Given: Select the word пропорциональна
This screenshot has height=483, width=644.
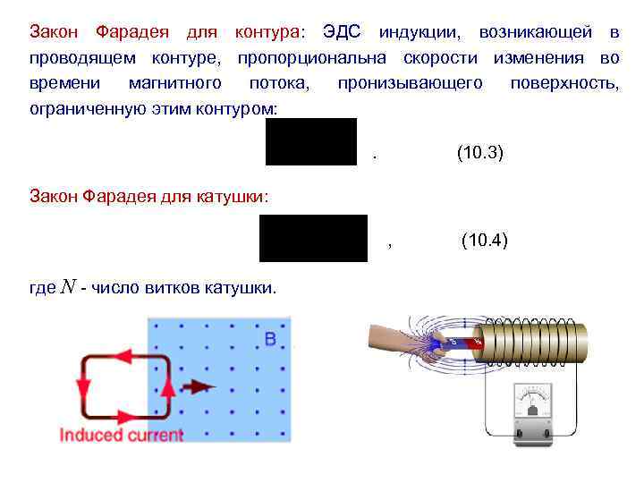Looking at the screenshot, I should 312,58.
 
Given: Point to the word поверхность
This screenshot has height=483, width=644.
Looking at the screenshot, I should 564,83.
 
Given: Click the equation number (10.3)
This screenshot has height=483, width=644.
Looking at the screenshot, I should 480,153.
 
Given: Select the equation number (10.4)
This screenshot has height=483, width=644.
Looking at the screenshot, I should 484,240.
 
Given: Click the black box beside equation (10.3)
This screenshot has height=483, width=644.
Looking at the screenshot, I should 311,141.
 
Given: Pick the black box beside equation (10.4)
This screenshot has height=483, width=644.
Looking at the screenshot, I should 313,238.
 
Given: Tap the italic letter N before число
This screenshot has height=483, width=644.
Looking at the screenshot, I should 68,288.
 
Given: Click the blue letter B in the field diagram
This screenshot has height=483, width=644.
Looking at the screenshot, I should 271,339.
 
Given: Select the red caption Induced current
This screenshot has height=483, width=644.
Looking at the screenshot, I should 121,436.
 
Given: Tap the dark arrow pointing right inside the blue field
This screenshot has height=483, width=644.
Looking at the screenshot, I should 199,386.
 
